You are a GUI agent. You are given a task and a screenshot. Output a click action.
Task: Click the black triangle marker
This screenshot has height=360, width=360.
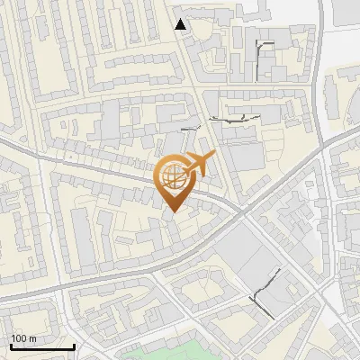(x=182, y=24)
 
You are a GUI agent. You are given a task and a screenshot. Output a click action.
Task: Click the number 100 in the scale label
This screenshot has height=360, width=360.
(x=19, y=338)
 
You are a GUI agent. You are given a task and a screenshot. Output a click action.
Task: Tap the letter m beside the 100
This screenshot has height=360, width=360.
(x=32, y=338)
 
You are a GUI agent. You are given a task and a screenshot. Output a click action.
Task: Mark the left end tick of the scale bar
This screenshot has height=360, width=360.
(x=10, y=346)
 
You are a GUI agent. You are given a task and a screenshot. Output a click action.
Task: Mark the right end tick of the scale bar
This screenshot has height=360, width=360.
(x=73, y=346)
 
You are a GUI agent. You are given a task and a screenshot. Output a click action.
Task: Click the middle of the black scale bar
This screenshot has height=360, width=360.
(x=41, y=347)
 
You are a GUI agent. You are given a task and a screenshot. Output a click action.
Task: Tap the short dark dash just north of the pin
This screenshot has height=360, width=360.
(x=188, y=130)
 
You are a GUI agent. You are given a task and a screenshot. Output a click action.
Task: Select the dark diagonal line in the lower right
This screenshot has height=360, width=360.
(x=262, y=296)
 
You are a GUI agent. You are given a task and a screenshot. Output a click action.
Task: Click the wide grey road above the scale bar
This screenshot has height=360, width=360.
(x=54, y=292)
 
